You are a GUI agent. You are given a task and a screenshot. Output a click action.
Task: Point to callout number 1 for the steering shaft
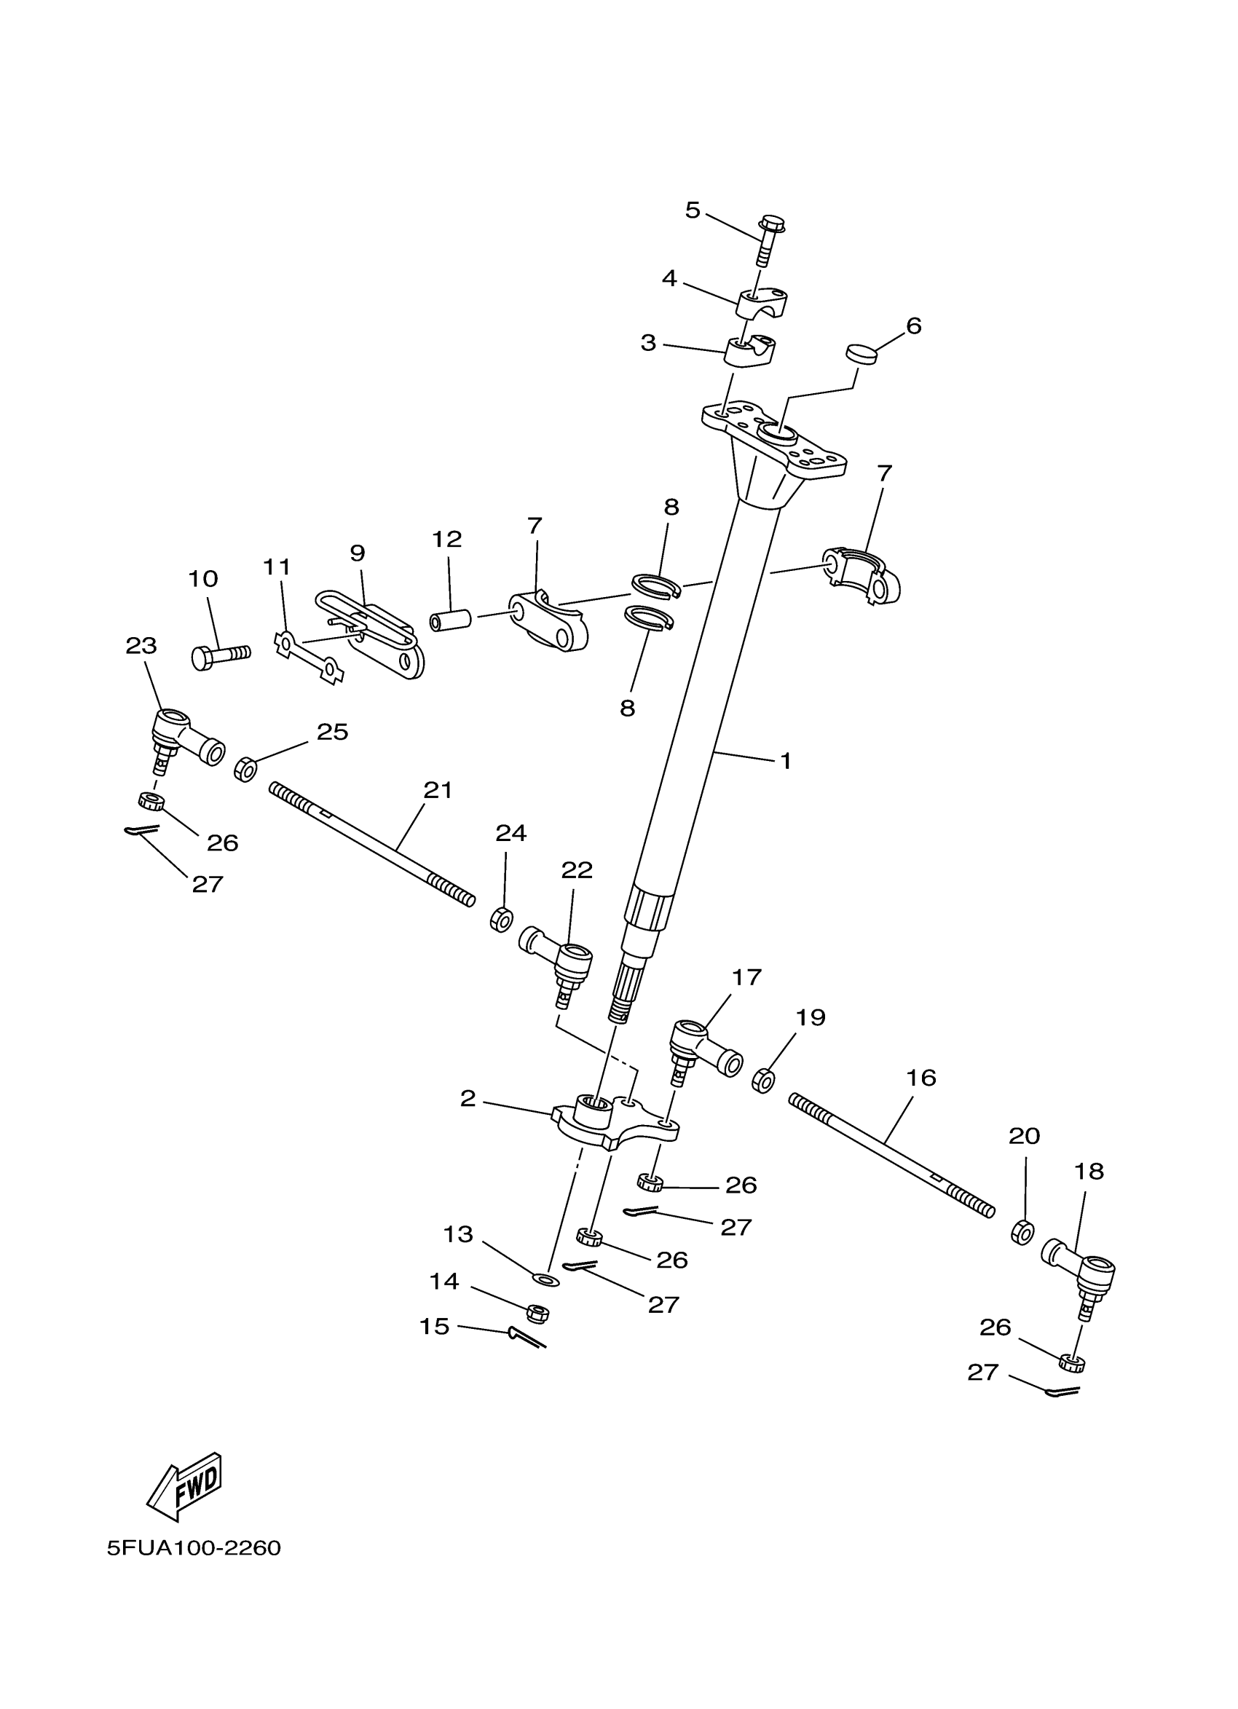pos(785,761)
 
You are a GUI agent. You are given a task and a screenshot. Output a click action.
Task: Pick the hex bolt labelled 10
pos(219,656)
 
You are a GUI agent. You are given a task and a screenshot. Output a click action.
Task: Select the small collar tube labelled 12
pos(451,621)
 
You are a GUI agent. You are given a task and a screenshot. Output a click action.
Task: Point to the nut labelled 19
pos(763,1083)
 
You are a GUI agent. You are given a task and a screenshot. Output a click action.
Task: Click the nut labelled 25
pos(245,770)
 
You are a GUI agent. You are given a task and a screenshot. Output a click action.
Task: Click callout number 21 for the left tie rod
pos(438,791)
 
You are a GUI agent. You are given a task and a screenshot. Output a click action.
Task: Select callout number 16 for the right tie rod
pos(920,1078)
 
